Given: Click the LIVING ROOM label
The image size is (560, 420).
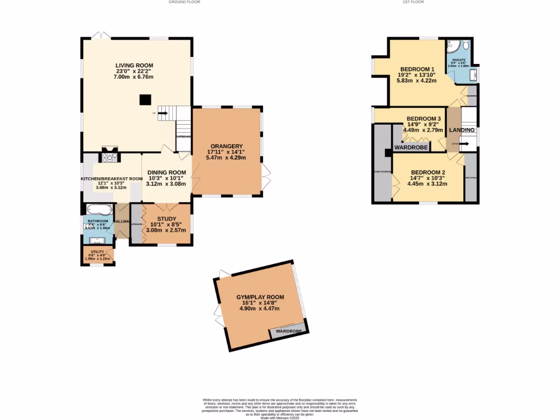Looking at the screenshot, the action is click(x=133, y=66).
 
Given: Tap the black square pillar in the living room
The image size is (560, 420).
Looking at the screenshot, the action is click(x=145, y=100).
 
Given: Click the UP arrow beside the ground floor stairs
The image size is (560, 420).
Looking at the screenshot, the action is click(x=162, y=113).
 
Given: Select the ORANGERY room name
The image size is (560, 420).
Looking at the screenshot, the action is click(x=226, y=146).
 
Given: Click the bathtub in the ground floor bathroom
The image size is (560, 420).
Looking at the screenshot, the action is click(x=99, y=210).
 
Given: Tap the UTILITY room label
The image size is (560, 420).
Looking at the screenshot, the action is click(x=97, y=252).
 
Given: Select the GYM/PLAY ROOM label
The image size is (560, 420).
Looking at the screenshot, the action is click(x=260, y=297).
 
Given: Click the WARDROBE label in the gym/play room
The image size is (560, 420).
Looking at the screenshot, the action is click(x=288, y=331).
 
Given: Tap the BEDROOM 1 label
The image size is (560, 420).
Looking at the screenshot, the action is click(x=417, y=68).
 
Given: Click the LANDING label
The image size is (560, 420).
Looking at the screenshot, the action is click(x=462, y=130).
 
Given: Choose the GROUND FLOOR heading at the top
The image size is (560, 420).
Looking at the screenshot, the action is click(x=184, y=2).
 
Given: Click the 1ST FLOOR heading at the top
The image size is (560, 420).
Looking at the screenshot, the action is click(x=413, y=2).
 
